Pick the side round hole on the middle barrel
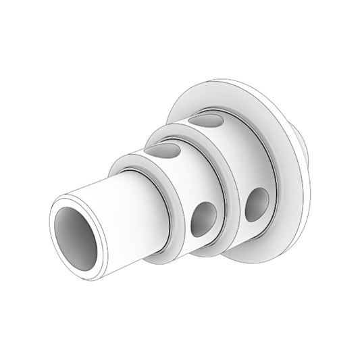point(203,219)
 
